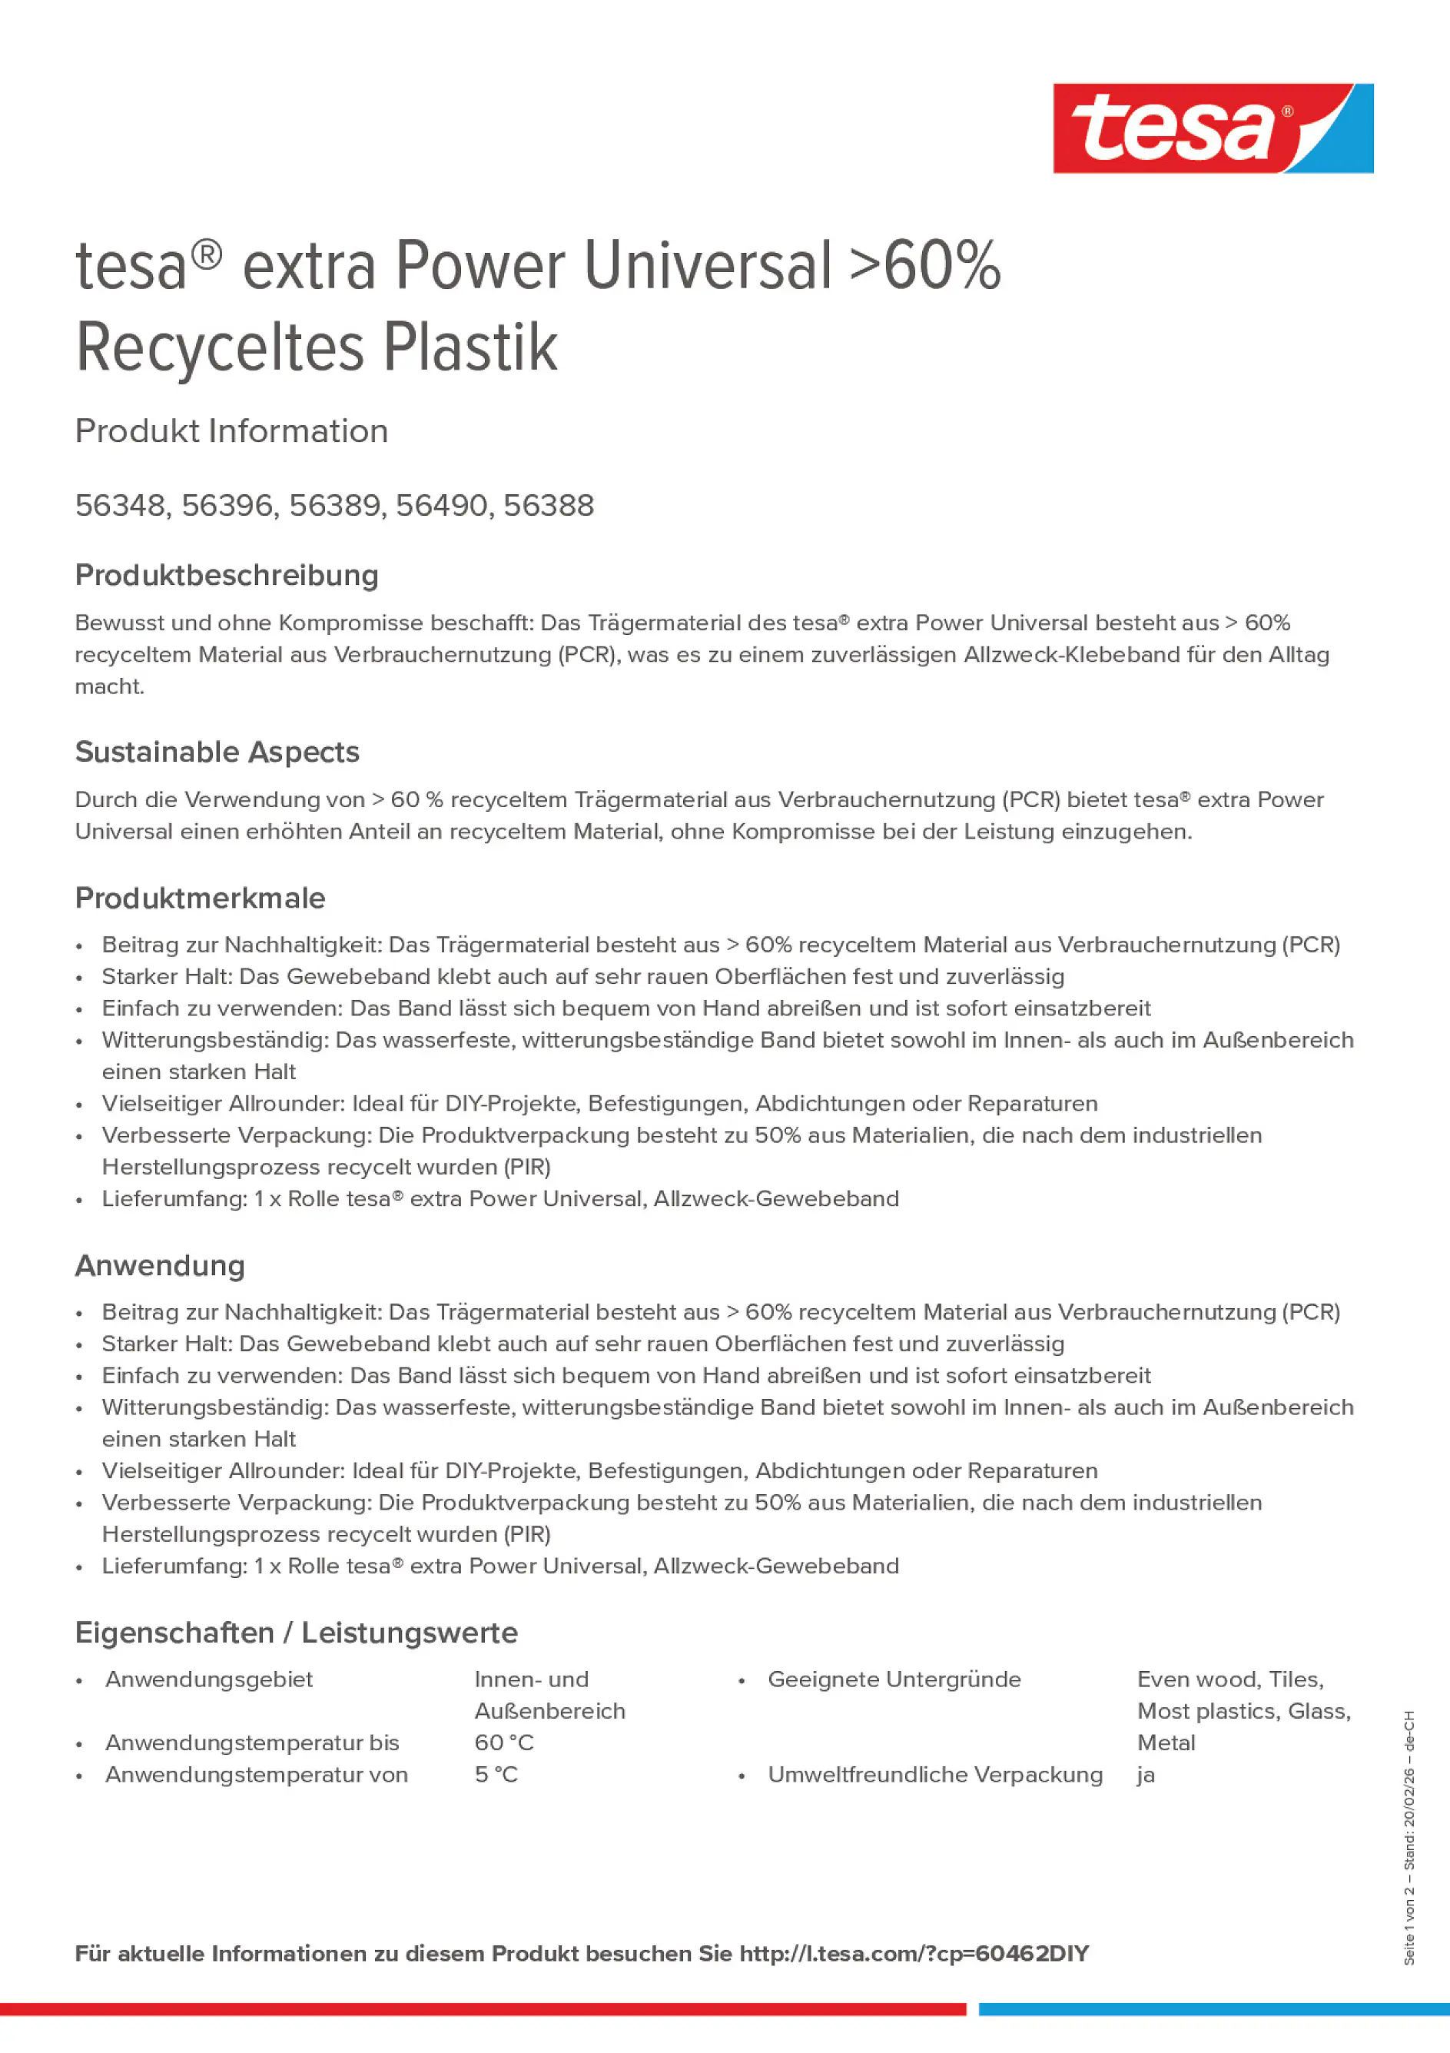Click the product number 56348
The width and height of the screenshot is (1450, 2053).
[x=121, y=505]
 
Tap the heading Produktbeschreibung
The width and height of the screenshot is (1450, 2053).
[x=226, y=575]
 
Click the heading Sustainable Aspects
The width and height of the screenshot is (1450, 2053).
[x=217, y=752]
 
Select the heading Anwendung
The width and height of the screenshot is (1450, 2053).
[x=159, y=1265]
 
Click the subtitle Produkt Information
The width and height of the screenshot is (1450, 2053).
[x=231, y=431]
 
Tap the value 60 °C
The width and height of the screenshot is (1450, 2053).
[x=503, y=1742]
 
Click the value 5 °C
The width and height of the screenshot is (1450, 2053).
[x=496, y=1774]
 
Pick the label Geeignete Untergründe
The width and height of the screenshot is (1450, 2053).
[x=893, y=1679]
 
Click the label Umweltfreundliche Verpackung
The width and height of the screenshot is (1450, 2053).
[x=934, y=1774]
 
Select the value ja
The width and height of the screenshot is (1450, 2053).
[x=1145, y=1774]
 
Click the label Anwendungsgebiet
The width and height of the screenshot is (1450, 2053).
[x=208, y=1679]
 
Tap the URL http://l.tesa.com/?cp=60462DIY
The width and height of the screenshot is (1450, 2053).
[x=914, y=1954]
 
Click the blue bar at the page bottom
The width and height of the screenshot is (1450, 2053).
[x=1213, y=2009]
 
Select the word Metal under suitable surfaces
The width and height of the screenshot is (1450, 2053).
[x=1166, y=1742]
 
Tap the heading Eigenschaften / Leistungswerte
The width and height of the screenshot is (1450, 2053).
[x=296, y=1633]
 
